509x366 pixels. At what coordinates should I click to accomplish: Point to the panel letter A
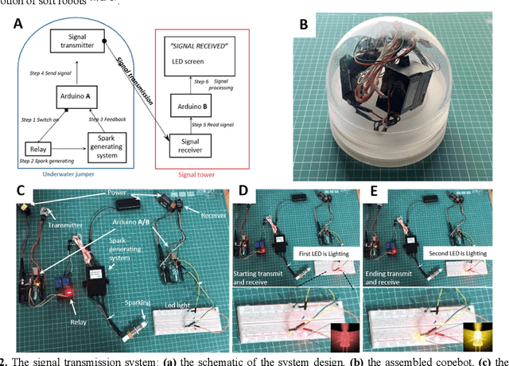17,24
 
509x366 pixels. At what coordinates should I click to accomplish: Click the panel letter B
303,24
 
